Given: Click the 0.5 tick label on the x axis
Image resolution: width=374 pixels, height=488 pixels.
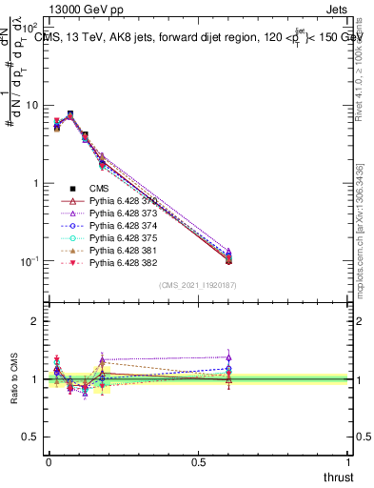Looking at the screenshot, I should click(x=198, y=461).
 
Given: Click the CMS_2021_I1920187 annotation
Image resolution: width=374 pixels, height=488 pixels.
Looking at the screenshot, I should click(x=198, y=285).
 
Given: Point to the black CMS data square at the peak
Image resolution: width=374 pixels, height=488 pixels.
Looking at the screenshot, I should click(x=70, y=114).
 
